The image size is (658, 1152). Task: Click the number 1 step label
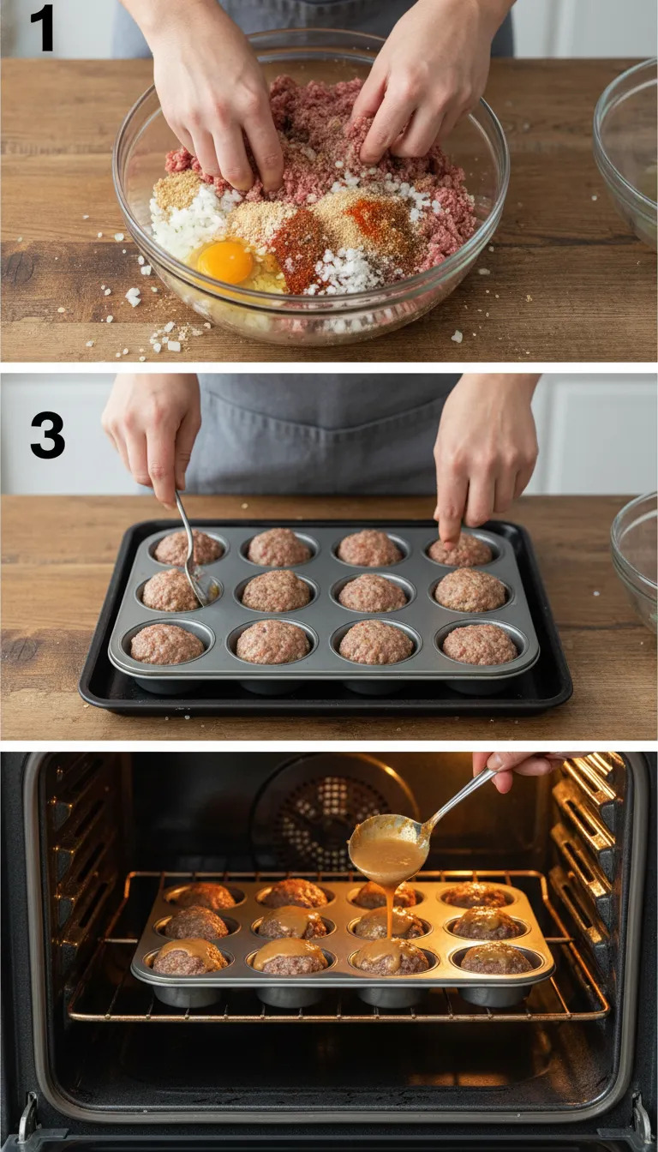point(41,28)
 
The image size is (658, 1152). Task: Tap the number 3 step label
point(47,435)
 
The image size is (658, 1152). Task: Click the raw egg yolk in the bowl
point(225,261)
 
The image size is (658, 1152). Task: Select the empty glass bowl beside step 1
point(627,154)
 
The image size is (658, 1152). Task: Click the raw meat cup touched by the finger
point(462,550)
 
